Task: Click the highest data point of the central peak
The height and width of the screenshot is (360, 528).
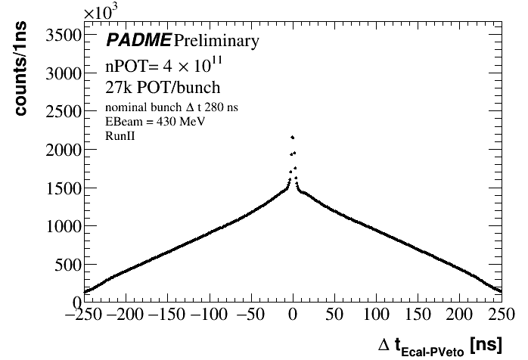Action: (292, 137)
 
